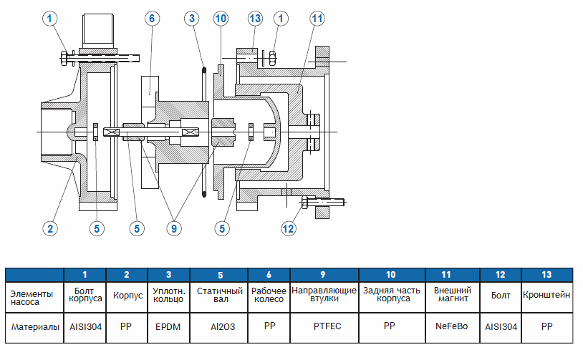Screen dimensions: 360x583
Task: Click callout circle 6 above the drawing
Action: tap(152, 19)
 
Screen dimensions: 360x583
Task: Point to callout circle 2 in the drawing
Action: tap(49, 228)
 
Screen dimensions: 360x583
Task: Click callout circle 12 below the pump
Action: tap(288, 228)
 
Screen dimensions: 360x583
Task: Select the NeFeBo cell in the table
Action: tap(452, 326)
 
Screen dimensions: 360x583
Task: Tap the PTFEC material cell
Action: tap(324, 326)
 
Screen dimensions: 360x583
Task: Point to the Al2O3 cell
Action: tap(218, 326)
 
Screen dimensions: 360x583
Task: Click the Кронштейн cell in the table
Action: tap(547, 295)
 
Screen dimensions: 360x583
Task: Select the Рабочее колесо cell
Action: tap(269, 295)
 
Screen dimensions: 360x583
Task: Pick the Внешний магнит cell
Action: tap(452, 295)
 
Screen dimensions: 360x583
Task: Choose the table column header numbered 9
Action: tap(324, 274)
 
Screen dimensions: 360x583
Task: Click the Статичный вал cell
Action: tap(218, 295)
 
